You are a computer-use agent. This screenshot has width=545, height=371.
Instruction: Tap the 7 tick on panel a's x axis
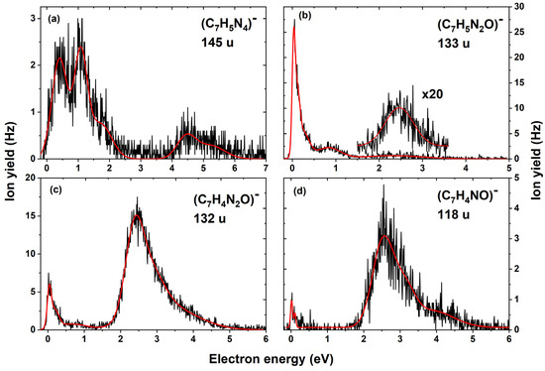(x=267, y=168)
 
